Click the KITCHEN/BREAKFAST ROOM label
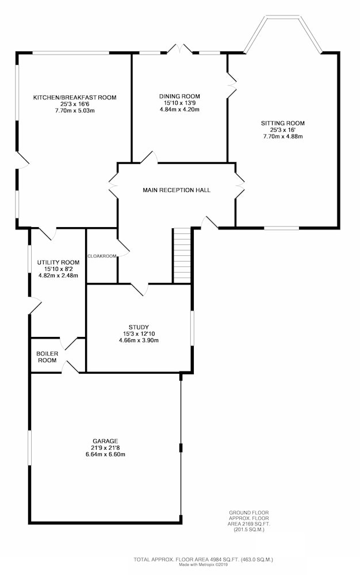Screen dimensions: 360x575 (75, 98)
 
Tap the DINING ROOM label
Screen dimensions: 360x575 (179, 97)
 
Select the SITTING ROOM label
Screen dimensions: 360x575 (282, 123)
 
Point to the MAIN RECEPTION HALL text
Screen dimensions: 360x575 (177, 190)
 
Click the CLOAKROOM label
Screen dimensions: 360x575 (102, 256)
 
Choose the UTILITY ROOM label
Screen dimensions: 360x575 (58, 262)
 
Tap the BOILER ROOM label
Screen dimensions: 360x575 (47, 357)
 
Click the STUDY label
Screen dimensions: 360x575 (139, 327)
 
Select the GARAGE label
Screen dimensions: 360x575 (105, 441)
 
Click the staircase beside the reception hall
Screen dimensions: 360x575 (182, 255)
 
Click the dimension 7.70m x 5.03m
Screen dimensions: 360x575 (75, 110)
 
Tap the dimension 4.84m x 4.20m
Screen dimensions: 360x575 (179, 109)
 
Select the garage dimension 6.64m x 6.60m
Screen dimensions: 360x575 (105, 454)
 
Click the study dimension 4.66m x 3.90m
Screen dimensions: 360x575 (139, 340)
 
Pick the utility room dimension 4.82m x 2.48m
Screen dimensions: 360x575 (58, 275)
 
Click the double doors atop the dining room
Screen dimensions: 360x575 (179, 49)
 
